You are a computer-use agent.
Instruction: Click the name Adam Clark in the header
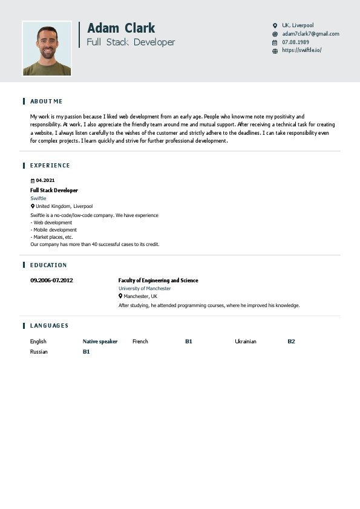click(x=121, y=28)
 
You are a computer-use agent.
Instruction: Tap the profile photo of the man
click(x=47, y=49)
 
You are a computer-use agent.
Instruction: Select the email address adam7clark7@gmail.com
click(x=310, y=34)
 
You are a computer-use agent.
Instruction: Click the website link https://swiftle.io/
click(x=301, y=50)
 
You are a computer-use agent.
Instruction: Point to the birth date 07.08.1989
click(x=295, y=42)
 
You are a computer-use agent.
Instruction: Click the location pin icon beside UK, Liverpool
click(x=275, y=25)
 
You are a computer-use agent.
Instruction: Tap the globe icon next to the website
click(x=275, y=51)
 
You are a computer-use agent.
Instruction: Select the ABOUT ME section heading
click(x=47, y=101)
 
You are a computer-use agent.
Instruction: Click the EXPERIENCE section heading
click(x=50, y=165)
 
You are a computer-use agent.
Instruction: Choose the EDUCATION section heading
click(x=48, y=265)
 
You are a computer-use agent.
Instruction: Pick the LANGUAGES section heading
click(x=49, y=325)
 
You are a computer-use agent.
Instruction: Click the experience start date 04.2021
click(x=45, y=180)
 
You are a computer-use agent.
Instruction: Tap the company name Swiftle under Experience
click(x=38, y=198)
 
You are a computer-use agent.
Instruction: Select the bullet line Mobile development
click(x=54, y=230)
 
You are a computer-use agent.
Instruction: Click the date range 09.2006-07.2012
click(x=51, y=280)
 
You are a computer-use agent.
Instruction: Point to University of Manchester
click(x=145, y=288)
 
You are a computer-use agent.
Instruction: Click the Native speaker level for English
click(x=100, y=342)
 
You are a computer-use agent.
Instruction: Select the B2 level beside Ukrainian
click(x=291, y=342)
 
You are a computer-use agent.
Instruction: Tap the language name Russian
click(x=39, y=351)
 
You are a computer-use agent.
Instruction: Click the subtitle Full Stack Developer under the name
click(x=131, y=42)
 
